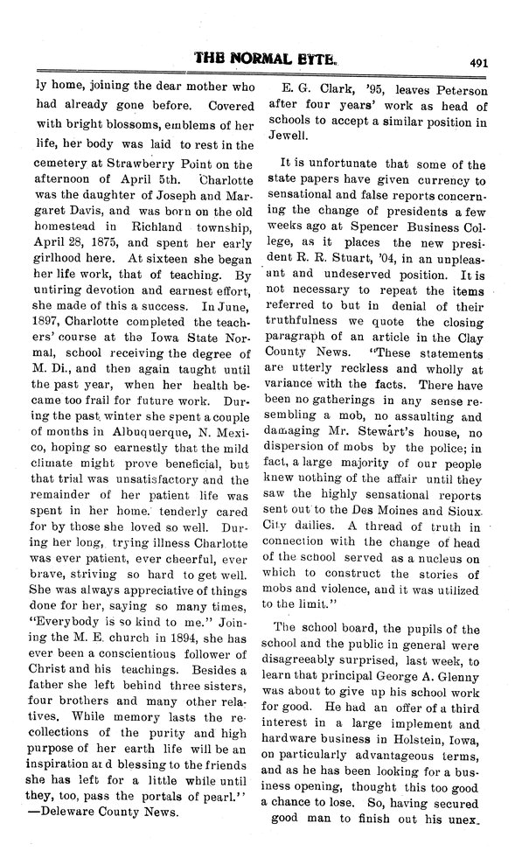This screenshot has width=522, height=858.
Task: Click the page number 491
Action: pyautogui.click(x=477, y=62)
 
